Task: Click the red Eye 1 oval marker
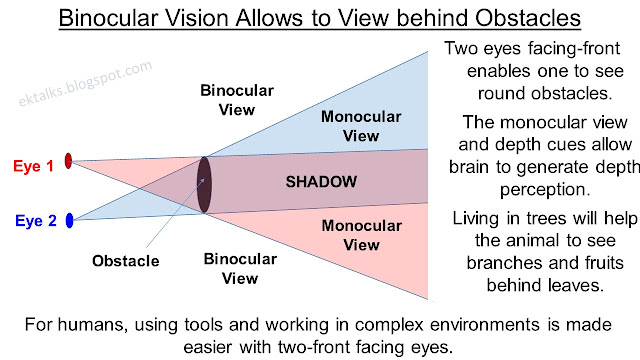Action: tap(68, 160)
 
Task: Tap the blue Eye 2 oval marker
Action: tap(69, 221)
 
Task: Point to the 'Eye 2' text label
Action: tap(34, 222)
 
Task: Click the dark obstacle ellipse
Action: tap(204, 185)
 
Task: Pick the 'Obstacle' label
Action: tap(126, 262)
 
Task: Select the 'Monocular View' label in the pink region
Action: tap(351, 236)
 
